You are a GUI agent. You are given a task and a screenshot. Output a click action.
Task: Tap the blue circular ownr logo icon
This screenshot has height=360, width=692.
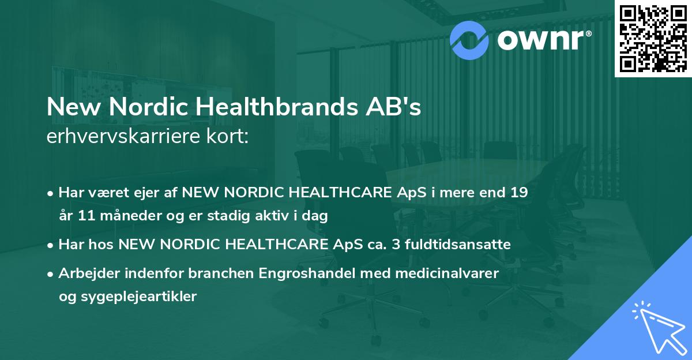[469, 39]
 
